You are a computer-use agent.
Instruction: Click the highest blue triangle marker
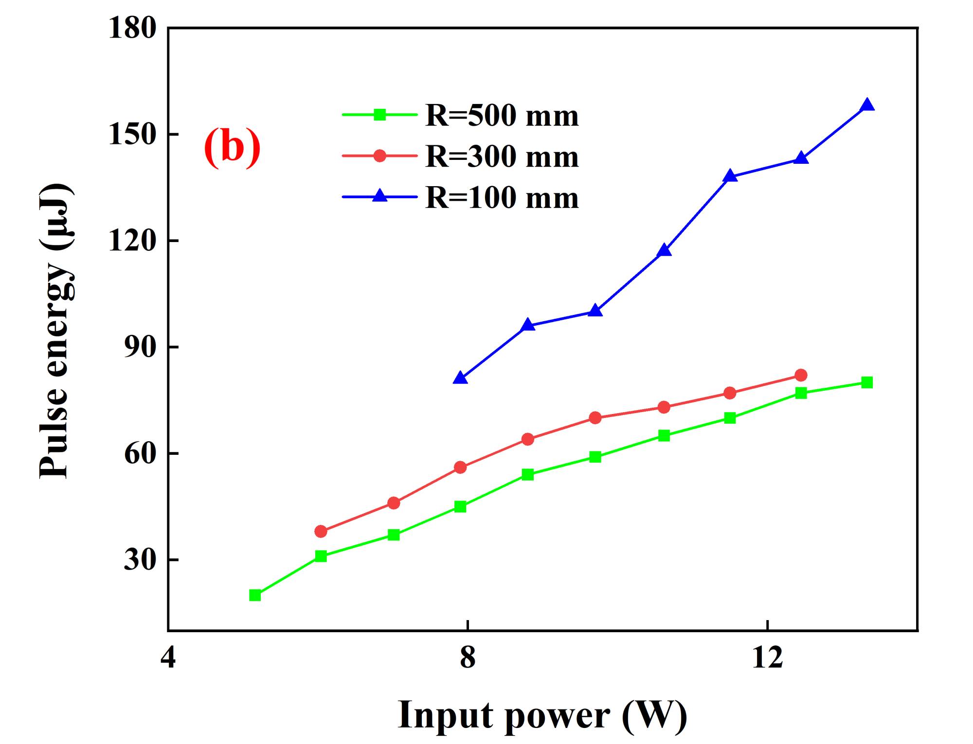[x=867, y=105]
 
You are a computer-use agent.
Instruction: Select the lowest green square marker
[x=255, y=595]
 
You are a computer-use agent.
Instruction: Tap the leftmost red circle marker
[x=321, y=531]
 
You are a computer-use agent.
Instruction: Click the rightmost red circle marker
[x=801, y=375]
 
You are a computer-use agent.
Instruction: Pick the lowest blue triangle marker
[x=460, y=378]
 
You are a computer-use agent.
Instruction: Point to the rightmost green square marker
[x=867, y=382]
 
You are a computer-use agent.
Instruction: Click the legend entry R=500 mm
[x=502, y=116]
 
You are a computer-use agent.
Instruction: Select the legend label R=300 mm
[x=502, y=156]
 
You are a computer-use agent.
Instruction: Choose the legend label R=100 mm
[x=502, y=198]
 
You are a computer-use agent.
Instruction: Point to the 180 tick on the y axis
[x=132, y=28]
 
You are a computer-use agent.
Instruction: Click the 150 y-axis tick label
[x=132, y=135]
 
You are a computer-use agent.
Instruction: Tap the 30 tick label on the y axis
[x=140, y=560]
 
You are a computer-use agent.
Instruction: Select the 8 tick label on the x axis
[x=468, y=658]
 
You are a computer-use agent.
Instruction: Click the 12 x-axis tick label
[x=767, y=658]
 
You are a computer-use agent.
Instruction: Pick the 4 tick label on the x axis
[x=168, y=658]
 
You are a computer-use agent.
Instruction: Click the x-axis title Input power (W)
[x=542, y=715]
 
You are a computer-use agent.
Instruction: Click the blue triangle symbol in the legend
[x=380, y=196]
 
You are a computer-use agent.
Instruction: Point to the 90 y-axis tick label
[x=140, y=347]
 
